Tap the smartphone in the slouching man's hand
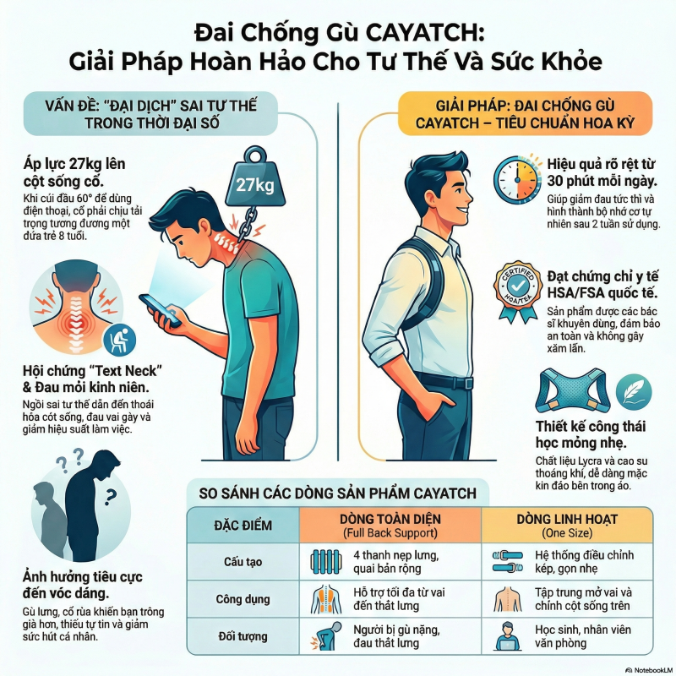point(160,310)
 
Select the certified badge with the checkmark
point(517,292)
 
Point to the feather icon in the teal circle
point(634,392)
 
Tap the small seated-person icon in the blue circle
point(119,340)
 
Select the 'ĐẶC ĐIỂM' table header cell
point(243,525)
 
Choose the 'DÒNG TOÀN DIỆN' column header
point(390,525)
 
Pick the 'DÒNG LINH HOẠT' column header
point(567,525)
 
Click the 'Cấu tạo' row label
point(243,562)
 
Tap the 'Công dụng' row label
point(243,599)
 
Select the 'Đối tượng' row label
point(243,636)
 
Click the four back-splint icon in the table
point(326,562)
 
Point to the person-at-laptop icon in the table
point(508,636)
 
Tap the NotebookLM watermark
point(649,670)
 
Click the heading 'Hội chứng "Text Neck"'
point(93,371)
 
